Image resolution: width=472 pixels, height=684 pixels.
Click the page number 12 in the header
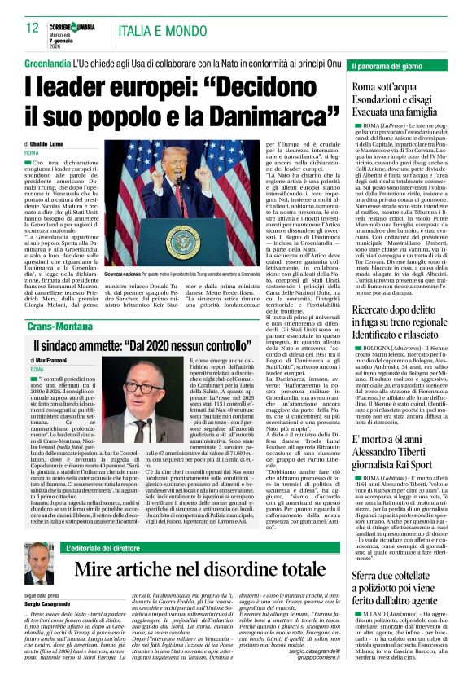pos(33,27)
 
